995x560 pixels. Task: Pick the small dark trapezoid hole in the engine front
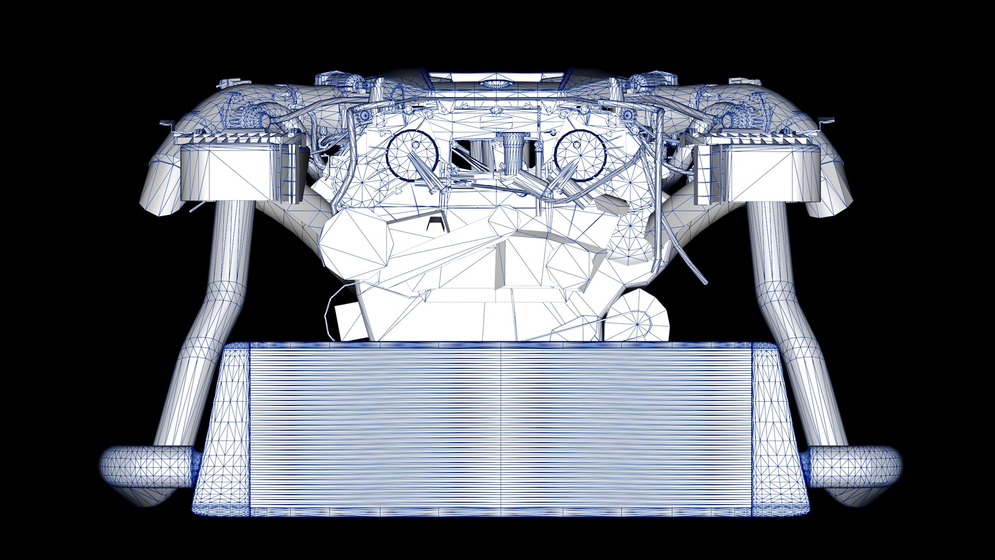click(x=437, y=224)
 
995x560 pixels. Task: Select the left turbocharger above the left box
click(x=254, y=117)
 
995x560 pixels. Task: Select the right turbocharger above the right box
click(x=736, y=117)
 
